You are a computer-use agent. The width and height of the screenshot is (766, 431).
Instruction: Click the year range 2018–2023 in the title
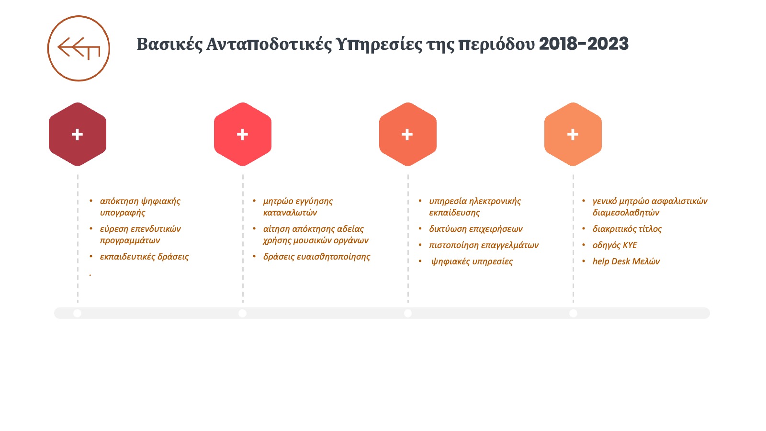584,44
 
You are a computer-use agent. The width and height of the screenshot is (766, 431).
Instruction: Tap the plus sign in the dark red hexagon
77,135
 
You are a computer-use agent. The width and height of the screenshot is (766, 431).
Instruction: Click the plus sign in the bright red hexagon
242,135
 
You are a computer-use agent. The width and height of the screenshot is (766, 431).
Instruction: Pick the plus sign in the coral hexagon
407,135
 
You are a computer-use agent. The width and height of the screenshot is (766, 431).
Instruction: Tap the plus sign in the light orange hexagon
573,135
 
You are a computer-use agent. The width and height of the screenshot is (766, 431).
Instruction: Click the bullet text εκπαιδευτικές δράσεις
144,257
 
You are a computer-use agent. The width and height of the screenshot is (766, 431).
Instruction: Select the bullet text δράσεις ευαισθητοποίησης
316,257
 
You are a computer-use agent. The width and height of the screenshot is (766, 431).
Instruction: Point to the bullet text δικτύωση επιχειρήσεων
476,229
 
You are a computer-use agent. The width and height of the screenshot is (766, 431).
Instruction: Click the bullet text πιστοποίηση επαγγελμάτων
484,245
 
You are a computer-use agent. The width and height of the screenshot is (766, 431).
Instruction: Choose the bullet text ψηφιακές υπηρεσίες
472,261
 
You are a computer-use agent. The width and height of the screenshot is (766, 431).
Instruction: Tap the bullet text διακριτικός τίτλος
627,229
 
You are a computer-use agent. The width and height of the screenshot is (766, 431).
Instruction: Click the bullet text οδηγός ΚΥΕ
615,245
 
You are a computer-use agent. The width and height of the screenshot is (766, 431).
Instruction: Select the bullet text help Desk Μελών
626,261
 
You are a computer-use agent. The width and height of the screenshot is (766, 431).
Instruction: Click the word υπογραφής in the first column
123,213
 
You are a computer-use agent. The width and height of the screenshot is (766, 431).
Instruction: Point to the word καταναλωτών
290,213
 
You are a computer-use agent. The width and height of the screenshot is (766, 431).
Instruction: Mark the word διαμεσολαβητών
626,213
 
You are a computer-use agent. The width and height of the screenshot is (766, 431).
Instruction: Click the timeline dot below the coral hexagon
407,313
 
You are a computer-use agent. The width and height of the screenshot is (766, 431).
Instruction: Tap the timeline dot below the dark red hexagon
77,313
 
